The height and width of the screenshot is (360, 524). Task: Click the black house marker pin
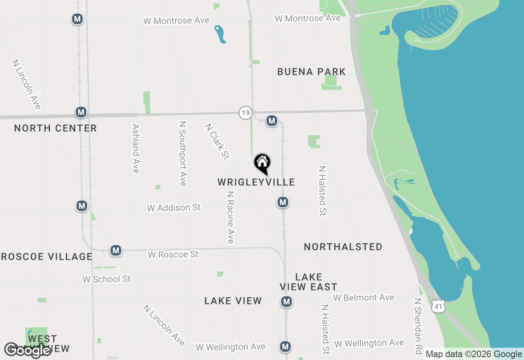click(262, 164)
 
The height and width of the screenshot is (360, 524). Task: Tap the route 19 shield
click(245, 113)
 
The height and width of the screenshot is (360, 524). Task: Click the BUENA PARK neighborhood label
click(312, 72)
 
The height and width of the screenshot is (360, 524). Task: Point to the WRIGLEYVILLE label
click(256, 182)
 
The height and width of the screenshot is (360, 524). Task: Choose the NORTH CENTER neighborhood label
click(55, 128)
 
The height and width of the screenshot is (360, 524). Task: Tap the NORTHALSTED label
click(343, 247)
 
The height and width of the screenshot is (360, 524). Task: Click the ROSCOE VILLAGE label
click(46, 256)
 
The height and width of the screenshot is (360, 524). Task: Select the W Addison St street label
click(174, 208)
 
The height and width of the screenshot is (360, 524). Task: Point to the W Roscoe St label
click(173, 254)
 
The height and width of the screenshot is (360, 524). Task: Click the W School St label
click(106, 279)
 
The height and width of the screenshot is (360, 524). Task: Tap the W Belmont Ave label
click(364, 297)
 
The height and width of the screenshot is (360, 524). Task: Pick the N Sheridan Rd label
click(418, 326)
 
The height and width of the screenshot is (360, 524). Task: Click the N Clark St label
click(217, 141)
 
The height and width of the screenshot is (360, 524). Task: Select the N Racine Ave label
click(230, 217)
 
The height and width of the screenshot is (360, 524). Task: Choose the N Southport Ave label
click(183, 153)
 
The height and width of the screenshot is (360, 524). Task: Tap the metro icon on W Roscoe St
click(116, 250)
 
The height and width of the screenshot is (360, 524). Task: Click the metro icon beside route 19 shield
click(272, 121)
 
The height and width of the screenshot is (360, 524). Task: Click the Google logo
click(28, 350)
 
